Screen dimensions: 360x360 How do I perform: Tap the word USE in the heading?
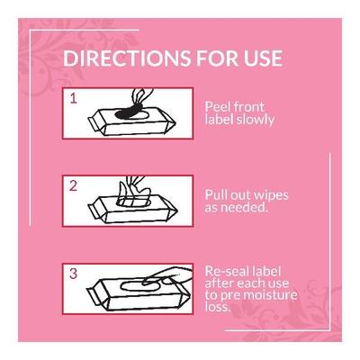[x=260, y=60]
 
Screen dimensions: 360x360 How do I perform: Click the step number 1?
[x=75, y=94]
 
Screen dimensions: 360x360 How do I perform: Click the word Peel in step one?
[x=217, y=103]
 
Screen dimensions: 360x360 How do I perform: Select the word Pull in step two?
[x=216, y=195]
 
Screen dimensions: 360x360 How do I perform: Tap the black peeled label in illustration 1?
[x=129, y=111]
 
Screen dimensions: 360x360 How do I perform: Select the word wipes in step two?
[x=269, y=195]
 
